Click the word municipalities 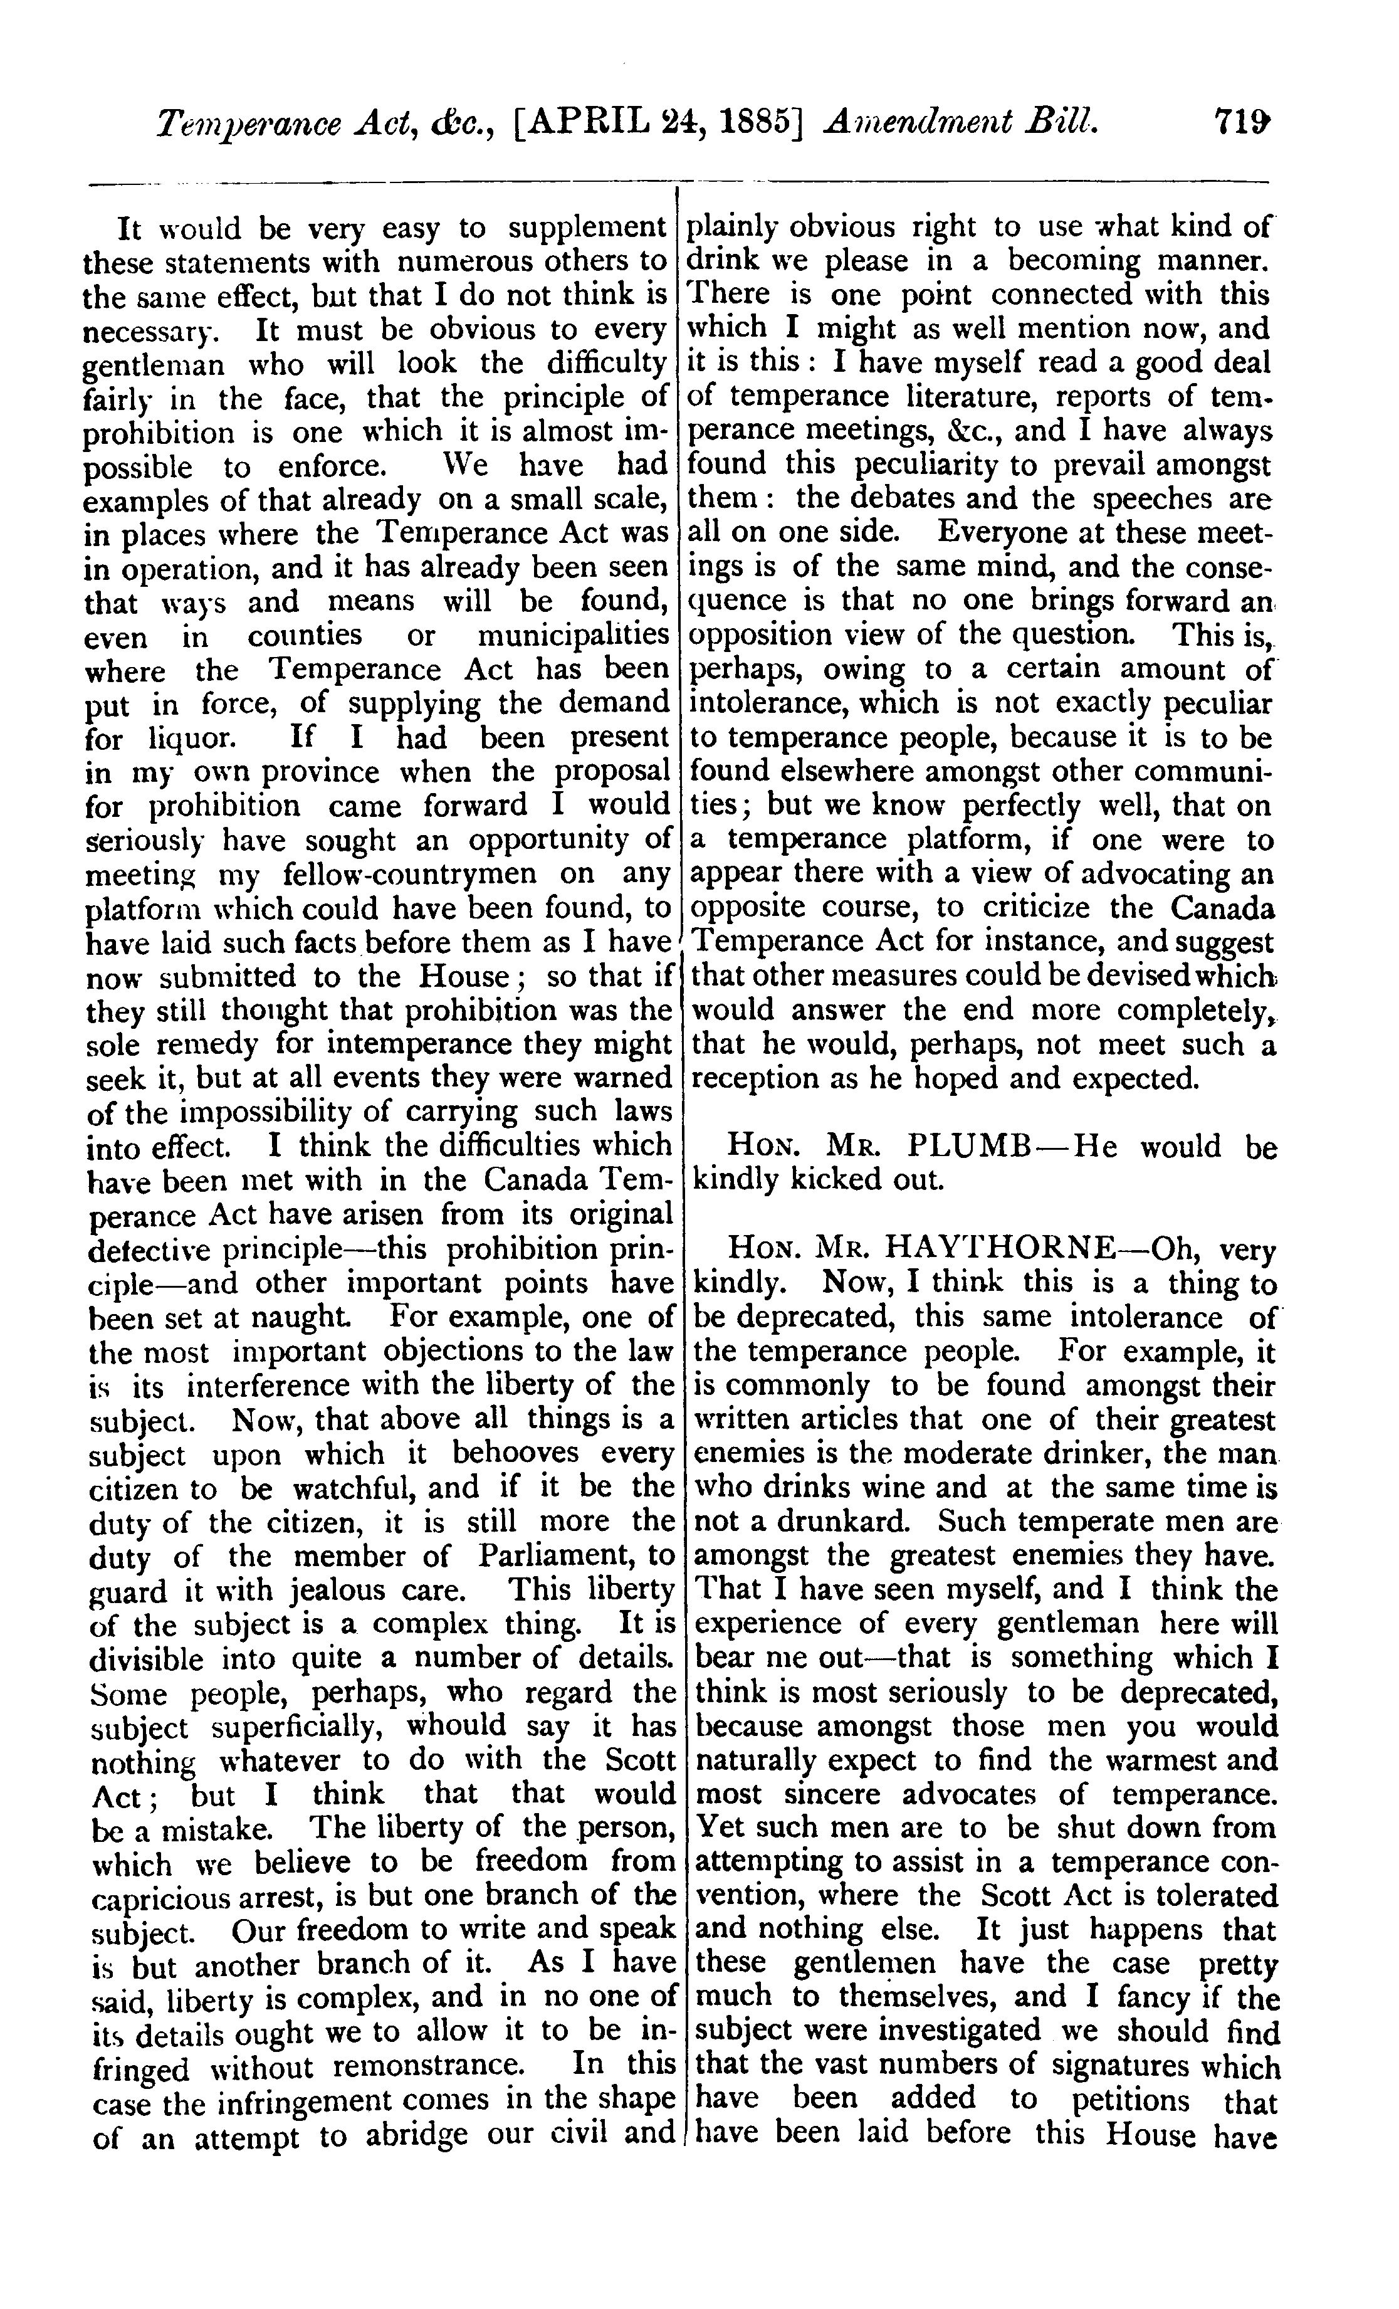point(574,636)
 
